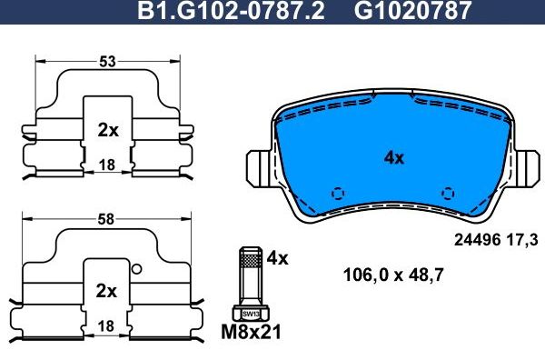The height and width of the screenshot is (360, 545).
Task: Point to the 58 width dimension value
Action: pos(107,220)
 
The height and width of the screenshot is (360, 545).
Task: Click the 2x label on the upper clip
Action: pos(107,130)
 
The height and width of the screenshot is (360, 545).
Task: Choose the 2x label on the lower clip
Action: pos(107,291)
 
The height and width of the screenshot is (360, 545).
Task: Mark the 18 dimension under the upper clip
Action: pos(107,165)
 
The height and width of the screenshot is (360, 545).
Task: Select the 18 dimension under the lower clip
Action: pos(107,325)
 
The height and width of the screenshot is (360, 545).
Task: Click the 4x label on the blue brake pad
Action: pos(393,157)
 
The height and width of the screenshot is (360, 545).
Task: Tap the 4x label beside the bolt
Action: pos(277,258)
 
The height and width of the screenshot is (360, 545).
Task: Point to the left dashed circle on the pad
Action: pos(337,193)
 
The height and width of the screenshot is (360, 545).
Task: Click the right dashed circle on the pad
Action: pos(446,193)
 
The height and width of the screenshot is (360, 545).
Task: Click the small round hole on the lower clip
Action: pos(135,268)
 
